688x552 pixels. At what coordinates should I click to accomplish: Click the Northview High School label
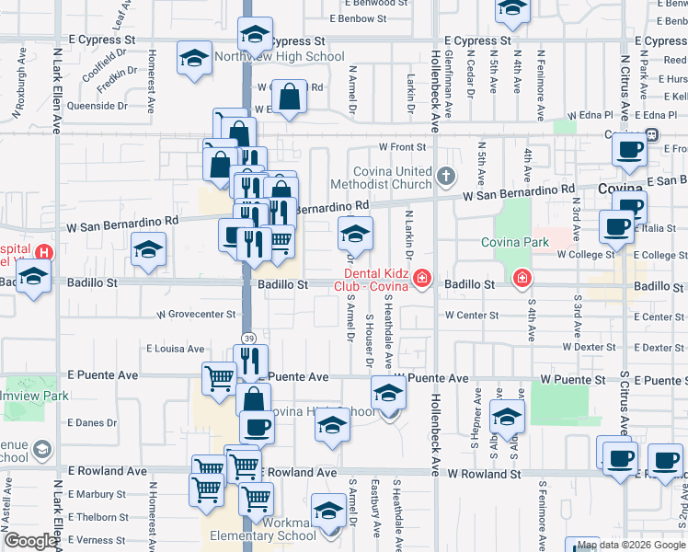pos(279,57)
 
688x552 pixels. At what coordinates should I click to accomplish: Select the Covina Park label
pos(514,243)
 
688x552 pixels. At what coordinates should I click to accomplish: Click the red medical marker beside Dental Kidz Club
pos(422,277)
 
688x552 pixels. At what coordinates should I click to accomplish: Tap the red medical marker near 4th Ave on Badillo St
pos(522,277)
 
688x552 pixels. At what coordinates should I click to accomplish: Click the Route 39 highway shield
pos(248,339)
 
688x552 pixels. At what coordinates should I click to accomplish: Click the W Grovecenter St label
pos(196,315)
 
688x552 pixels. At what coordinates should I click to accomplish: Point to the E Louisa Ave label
pos(175,349)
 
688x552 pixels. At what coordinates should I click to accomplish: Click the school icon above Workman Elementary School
pos(328,511)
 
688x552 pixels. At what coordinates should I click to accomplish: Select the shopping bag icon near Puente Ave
pos(253,400)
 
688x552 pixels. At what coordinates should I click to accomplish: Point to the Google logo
pos(30,541)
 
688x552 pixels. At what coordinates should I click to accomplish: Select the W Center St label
pos(471,315)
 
